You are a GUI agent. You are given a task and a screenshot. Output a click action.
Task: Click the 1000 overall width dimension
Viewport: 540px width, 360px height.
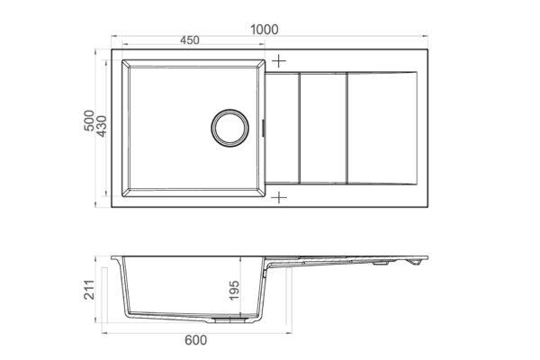tap(264, 30)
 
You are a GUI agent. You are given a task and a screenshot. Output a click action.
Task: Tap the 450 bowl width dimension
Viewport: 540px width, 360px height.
tap(190, 40)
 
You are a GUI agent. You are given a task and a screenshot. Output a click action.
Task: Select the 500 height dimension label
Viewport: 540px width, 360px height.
tap(89, 121)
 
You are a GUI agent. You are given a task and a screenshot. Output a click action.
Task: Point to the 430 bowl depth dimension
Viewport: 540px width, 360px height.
tap(102, 126)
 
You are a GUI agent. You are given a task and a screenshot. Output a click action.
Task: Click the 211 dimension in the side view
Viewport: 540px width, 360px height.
tap(89, 290)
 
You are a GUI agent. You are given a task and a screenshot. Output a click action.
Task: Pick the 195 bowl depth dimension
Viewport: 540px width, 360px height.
tap(234, 291)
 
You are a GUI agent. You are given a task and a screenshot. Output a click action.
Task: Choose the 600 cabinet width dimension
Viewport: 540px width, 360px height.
tap(196, 340)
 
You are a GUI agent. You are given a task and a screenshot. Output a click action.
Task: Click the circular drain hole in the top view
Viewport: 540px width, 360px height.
tap(229, 128)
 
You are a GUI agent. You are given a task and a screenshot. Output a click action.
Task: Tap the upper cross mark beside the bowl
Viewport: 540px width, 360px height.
tap(279, 61)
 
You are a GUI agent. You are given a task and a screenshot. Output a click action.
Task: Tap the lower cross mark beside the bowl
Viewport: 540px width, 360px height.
tap(279, 198)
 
